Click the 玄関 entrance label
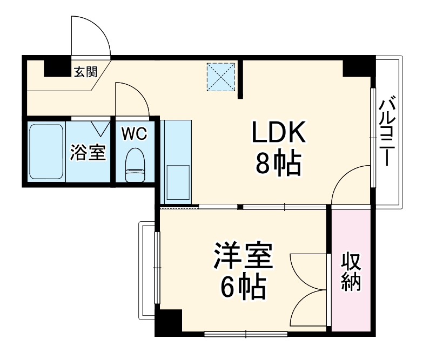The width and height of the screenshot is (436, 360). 85,71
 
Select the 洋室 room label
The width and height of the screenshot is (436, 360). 242,257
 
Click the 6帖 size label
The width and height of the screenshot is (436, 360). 243,289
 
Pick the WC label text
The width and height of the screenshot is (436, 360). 133,134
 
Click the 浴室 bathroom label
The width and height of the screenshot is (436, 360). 88,152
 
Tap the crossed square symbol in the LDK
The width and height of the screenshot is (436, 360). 222,77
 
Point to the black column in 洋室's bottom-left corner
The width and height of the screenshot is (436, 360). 169,322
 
